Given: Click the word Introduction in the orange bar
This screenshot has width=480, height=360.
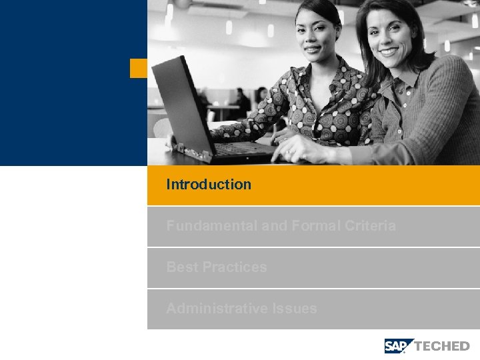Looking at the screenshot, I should [x=209, y=185].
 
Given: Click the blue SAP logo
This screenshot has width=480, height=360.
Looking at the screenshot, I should [x=398, y=345].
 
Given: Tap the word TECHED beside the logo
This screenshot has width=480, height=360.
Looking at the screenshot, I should [x=442, y=346].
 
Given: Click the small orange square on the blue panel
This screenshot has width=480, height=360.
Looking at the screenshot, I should [x=138, y=68].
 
